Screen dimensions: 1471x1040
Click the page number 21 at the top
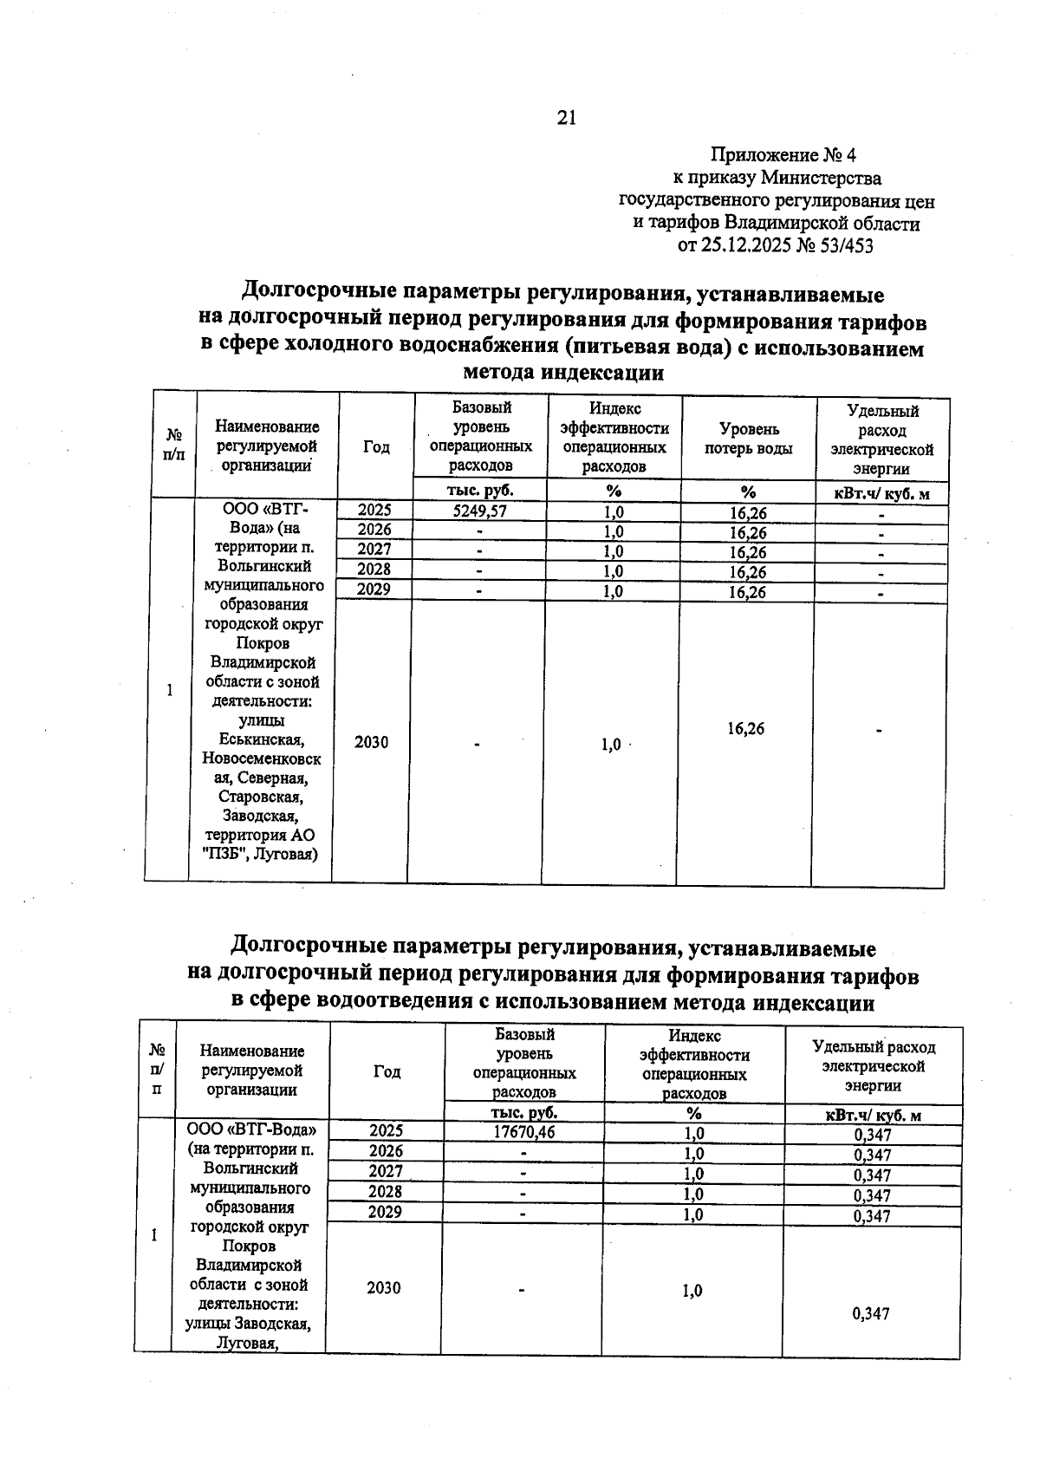coord(566,118)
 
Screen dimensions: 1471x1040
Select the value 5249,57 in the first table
coord(479,511)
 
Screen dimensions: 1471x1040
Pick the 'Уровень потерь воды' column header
coord(748,439)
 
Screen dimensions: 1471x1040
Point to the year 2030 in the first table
coord(371,742)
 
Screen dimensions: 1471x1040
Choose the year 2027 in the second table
coord(386,1171)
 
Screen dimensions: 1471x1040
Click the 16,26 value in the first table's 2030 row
coord(745,729)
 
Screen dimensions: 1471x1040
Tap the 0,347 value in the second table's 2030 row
coord(871,1314)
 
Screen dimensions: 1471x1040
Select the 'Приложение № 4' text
coord(783,155)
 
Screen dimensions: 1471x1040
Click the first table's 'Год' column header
coord(376,447)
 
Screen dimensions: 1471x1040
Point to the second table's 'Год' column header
coord(387,1071)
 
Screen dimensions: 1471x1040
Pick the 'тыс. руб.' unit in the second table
coord(523,1112)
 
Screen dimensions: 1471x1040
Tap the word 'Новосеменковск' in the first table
coord(262,758)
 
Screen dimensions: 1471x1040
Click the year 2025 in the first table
coord(374,511)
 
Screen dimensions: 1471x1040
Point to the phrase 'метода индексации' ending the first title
coord(563,374)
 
